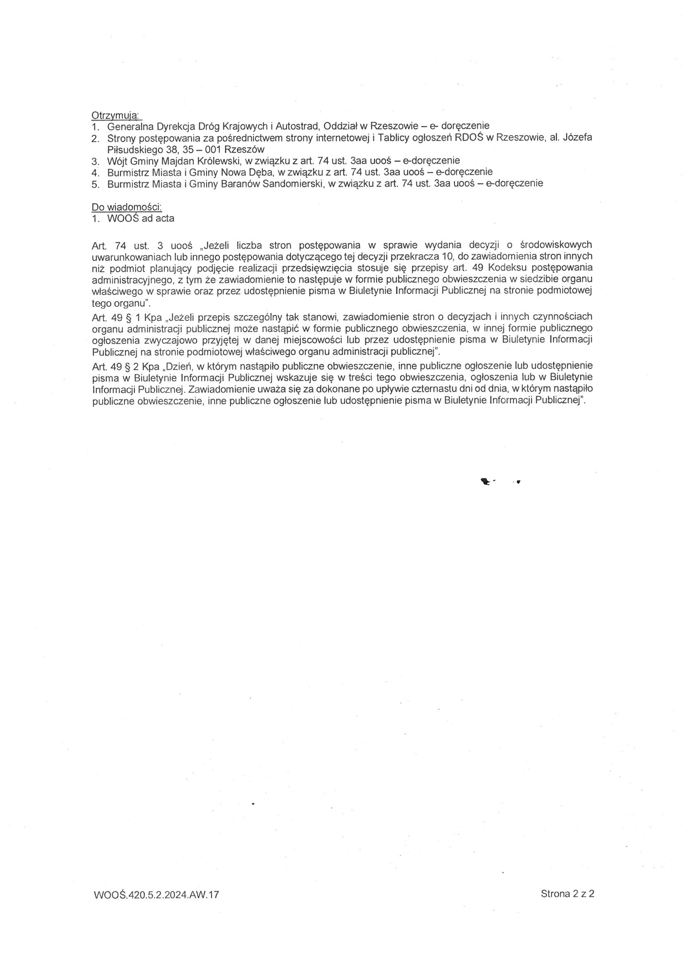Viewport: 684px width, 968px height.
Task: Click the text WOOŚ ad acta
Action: click(x=141, y=218)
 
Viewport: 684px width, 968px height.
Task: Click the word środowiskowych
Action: click(x=556, y=245)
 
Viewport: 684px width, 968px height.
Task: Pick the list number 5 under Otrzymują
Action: click(x=95, y=184)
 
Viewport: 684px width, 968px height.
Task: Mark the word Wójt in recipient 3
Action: click(x=116, y=161)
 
